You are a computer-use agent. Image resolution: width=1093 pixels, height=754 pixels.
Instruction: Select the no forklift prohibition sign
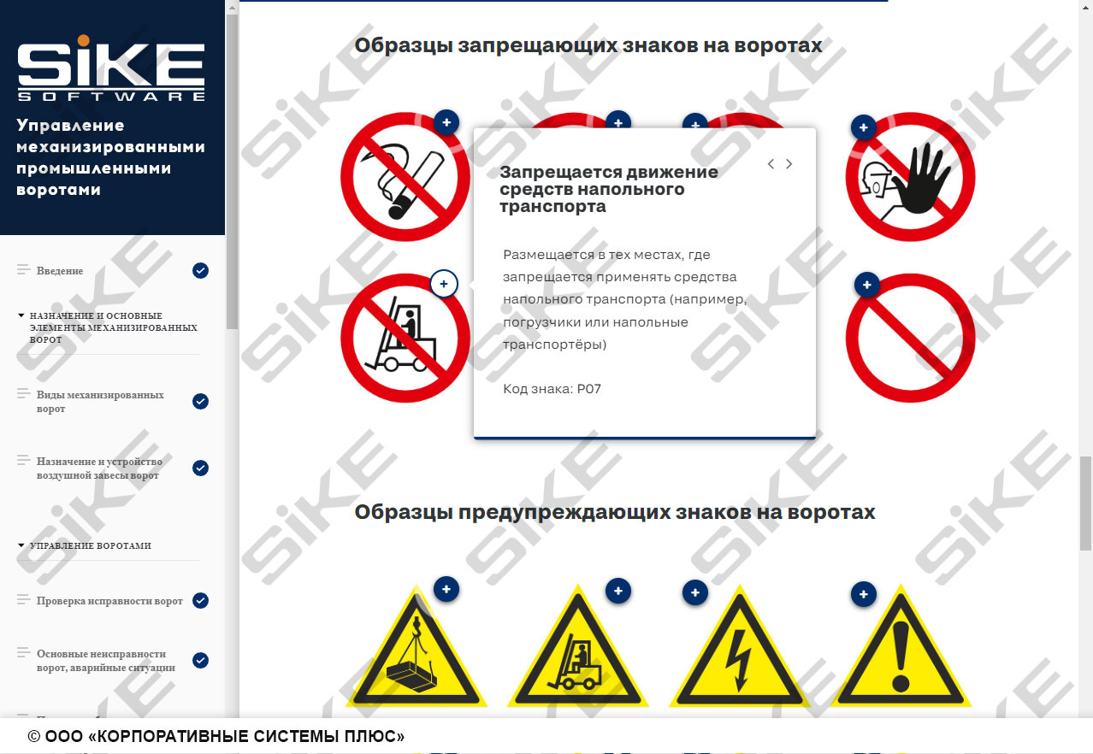tap(405, 338)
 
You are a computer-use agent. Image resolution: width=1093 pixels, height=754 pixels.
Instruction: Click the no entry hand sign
tap(911, 177)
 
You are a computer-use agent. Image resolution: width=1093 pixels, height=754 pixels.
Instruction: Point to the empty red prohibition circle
tap(911, 338)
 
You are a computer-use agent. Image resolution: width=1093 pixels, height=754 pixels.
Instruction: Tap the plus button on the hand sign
tap(864, 128)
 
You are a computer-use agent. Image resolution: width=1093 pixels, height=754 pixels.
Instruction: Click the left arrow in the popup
tap(771, 164)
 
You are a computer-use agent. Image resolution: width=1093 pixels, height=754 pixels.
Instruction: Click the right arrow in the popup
tap(789, 164)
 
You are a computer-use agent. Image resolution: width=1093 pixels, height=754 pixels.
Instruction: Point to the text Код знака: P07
tap(552, 389)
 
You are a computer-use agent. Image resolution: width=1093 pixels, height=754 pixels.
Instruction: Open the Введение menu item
tap(60, 271)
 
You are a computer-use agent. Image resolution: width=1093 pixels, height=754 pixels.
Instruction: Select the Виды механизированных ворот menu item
tap(100, 402)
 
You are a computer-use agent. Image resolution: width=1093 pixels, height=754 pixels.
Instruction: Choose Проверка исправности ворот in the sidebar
tap(109, 601)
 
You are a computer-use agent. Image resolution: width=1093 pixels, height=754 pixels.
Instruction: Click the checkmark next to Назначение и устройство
tap(200, 468)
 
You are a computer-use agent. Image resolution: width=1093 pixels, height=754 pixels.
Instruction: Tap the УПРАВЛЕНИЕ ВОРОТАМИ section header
tap(90, 545)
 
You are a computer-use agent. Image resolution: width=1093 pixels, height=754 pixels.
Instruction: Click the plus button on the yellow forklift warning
tap(617, 590)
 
